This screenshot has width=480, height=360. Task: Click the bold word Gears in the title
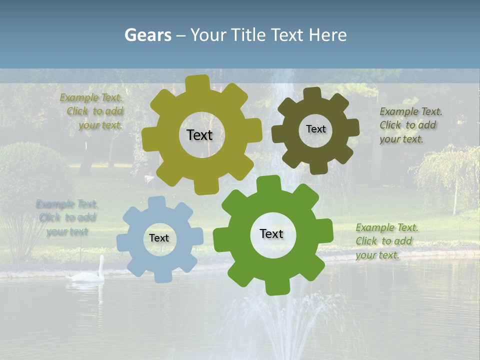[x=147, y=35]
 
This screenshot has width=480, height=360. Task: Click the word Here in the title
[x=327, y=35]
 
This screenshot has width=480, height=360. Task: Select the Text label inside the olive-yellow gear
[x=199, y=135]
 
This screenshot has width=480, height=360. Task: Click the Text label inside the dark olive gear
[x=315, y=129]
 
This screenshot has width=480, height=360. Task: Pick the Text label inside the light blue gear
[x=159, y=238]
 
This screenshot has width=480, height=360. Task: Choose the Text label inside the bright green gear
[x=271, y=234]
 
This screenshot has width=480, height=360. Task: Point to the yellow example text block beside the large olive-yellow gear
[x=93, y=111]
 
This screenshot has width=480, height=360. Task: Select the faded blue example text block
[x=67, y=217]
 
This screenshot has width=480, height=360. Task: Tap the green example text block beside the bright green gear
[x=385, y=241]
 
